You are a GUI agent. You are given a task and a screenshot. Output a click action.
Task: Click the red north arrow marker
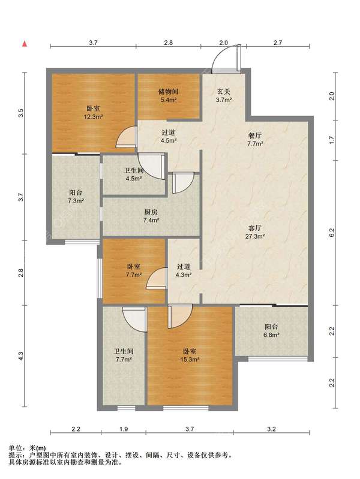[25, 44]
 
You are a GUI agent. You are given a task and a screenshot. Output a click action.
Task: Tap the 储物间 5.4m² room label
[168, 95]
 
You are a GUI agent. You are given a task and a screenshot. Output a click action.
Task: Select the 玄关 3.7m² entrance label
[224, 95]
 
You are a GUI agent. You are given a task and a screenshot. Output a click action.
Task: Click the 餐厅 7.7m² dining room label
[255, 139]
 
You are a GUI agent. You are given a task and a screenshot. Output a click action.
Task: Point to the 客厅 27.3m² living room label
[255, 232]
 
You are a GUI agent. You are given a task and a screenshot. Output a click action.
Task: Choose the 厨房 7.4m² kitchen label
[151, 216]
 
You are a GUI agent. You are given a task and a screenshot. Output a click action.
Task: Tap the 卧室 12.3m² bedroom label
[93, 112]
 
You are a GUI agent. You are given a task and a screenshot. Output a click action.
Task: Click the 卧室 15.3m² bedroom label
[190, 356]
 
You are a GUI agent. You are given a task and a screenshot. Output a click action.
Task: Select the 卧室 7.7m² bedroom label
[134, 270]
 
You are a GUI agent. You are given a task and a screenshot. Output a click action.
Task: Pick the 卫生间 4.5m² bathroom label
[134, 174]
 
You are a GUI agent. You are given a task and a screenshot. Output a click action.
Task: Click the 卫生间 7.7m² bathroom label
[124, 356]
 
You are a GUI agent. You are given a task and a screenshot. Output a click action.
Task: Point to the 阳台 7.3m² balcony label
[76, 197]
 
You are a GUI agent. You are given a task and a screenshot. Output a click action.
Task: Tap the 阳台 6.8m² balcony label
[271, 330]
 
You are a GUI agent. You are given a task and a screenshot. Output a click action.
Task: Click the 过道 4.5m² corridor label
[169, 137]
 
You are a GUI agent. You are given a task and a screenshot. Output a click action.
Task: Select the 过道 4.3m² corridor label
[184, 270]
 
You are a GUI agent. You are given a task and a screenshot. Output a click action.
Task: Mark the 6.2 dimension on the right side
[332, 233]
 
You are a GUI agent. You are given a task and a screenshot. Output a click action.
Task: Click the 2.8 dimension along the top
[168, 43]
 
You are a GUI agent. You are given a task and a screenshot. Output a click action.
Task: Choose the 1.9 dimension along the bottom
[124, 429]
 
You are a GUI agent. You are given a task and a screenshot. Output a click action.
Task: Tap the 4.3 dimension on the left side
[21, 356]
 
